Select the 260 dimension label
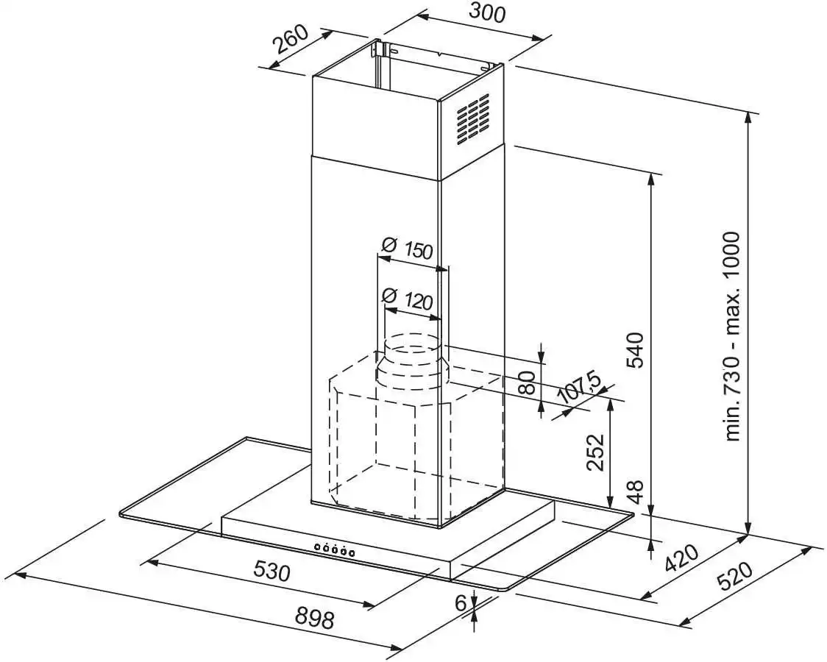[291, 46]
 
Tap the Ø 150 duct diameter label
[408, 249]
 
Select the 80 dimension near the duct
[525, 382]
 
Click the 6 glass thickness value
[461, 604]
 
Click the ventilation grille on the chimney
[472, 118]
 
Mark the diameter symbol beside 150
[391, 245]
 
